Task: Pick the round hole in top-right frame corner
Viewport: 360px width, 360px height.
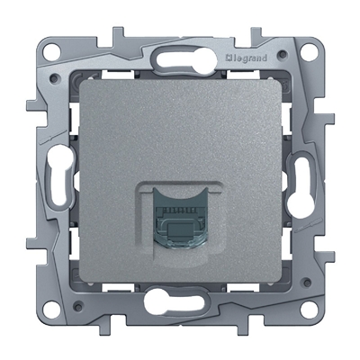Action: pyautogui.click(x=310, y=50)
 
